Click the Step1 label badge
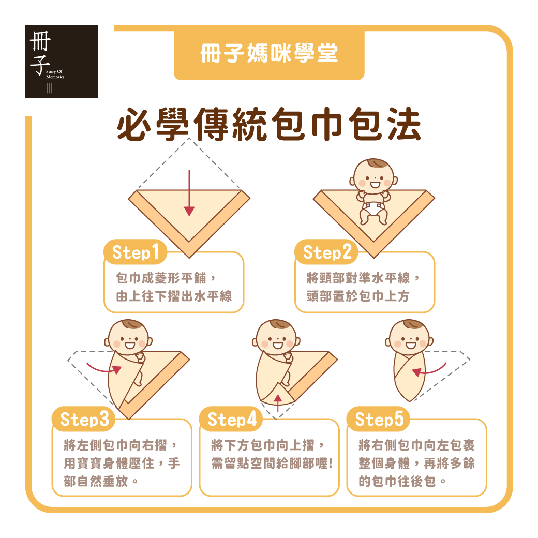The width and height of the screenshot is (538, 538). click(x=136, y=252)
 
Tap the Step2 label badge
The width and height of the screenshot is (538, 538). click(x=326, y=252)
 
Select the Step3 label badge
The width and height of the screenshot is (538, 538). click(x=84, y=420)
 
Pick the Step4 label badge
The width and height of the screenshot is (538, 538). click(x=231, y=420)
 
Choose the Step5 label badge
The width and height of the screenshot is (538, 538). click(x=379, y=420)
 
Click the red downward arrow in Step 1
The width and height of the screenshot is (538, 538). click(x=189, y=193)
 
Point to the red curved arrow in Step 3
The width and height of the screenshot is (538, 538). click(x=103, y=368)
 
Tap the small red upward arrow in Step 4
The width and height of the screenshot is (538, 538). click(x=278, y=403)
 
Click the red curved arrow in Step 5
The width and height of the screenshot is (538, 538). click(x=429, y=369)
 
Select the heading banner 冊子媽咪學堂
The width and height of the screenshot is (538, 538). click(x=269, y=53)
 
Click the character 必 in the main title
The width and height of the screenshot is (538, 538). click(x=134, y=124)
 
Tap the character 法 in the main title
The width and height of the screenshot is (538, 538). click(x=405, y=124)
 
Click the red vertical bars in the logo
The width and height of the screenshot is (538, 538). click(x=50, y=88)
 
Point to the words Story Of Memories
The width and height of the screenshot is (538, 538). click(x=55, y=74)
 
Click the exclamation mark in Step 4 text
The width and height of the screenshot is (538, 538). click(x=331, y=464)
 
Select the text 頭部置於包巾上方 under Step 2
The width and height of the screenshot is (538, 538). click(x=358, y=296)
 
